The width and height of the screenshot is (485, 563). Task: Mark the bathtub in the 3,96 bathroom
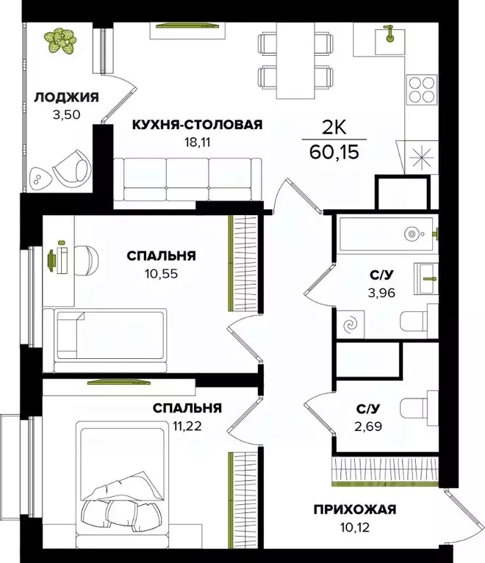click(x=386, y=234)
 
